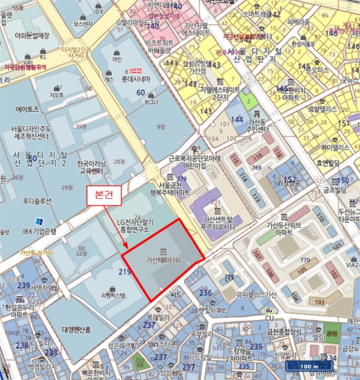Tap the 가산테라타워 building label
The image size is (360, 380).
[x=163, y=259]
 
